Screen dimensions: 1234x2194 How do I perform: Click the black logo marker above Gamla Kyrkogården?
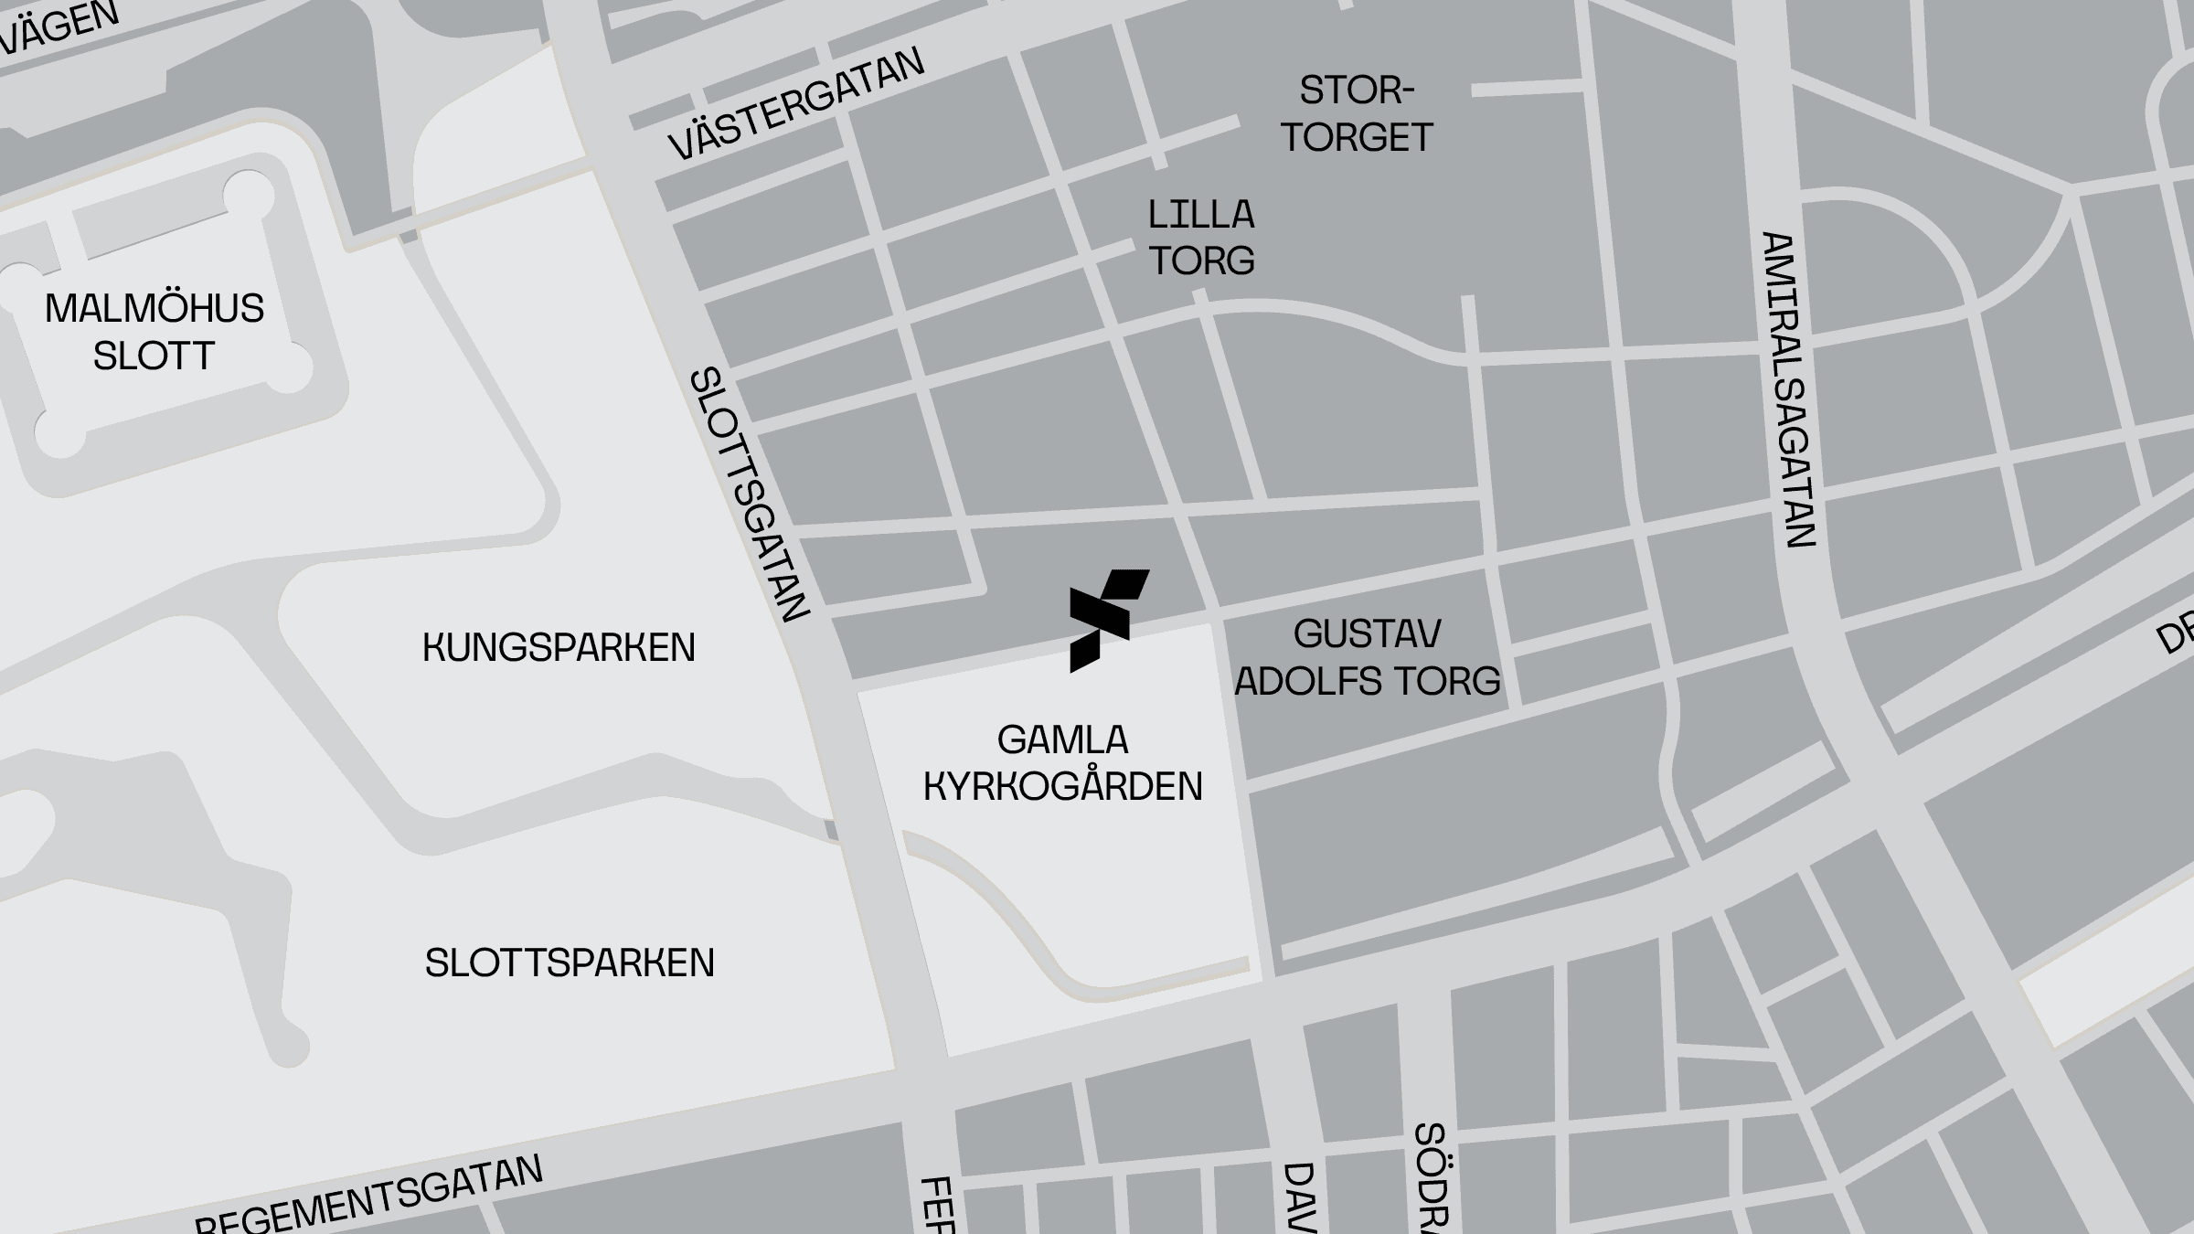click(x=1107, y=621)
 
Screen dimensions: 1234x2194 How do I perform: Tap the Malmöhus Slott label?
click(x=154, y=332)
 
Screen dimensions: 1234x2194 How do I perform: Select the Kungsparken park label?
click(x=559, y=647)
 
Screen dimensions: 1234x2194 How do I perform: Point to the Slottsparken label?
click(x=570, y=963)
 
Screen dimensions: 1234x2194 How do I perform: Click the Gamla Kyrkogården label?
click(x=1062, y=763)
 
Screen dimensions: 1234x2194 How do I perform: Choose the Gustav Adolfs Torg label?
click(x=1368, y=657)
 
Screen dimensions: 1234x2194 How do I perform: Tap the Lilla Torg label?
click(x=1201, y=238)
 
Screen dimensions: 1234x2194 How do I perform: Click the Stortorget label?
click(x=1357, y=114)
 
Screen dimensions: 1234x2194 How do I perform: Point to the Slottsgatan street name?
click(x=750, y=494)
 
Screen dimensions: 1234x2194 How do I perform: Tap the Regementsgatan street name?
click(x=369, y=1197)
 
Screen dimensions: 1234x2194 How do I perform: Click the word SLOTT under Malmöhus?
click(x=154, y=356)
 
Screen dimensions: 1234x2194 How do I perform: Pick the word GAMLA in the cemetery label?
click(x=1062, y=739)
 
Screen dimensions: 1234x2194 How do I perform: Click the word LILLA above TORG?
click(x=1201, y=215)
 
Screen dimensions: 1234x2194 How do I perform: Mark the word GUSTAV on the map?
click(x=1368, y=633)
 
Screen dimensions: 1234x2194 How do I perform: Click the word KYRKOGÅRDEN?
click(x=1062, y=786)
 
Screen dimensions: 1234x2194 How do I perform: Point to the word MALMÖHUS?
click(x=154, y=309)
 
